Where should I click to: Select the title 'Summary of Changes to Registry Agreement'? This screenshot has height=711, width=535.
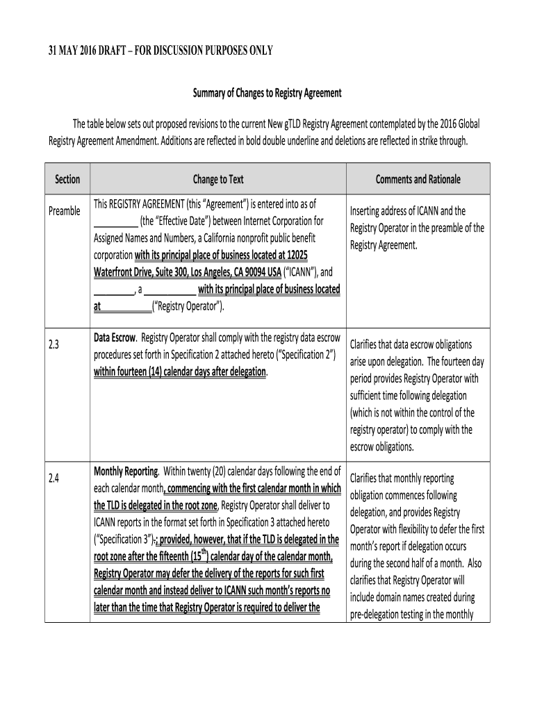[267, 93]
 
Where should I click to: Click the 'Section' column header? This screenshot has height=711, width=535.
[67, 179]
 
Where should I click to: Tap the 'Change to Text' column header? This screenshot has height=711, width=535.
[218, 179]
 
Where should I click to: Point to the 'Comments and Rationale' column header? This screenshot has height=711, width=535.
[418, 179]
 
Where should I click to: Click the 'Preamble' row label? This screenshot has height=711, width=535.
[64, 211]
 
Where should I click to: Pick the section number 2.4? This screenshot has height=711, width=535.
[54, 478]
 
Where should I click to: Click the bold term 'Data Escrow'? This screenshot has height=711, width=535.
[115, 337]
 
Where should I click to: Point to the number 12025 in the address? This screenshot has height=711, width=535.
[324, 255]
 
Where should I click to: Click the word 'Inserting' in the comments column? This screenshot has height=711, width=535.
[368, 211]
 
